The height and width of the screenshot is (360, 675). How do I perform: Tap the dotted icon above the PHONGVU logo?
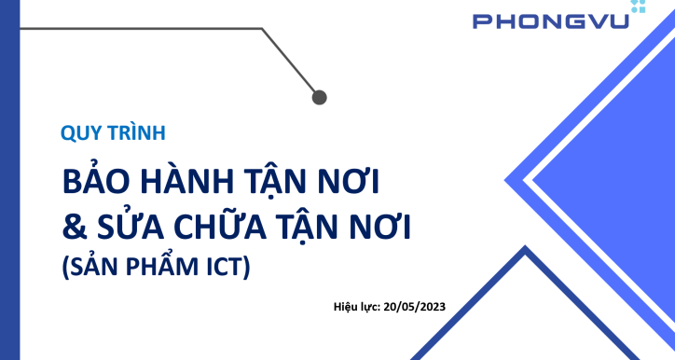point(638,6)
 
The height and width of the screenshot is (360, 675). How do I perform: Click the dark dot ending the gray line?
point(319,96)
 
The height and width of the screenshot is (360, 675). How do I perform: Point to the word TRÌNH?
point(136,132)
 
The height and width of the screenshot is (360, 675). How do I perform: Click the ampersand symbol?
point(73,226)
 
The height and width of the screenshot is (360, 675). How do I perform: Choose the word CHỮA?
point(226,226)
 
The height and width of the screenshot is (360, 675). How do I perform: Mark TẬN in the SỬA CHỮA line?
point(328,226)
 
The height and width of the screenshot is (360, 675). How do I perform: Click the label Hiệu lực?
point(355,306)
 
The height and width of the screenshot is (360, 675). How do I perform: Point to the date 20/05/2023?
point(417,306)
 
